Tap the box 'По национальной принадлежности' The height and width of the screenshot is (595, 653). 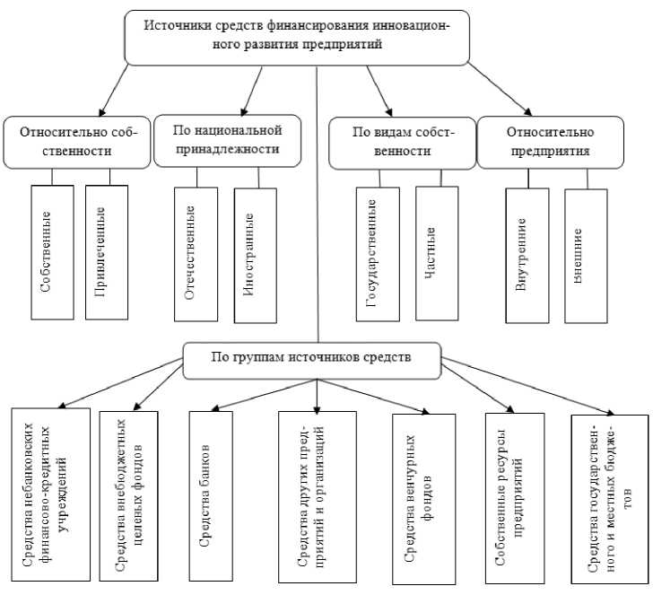coord(226,140)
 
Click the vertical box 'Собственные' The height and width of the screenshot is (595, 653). coord(52,252)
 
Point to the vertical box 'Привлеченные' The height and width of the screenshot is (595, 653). coord(106,252)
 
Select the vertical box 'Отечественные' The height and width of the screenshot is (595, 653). coord(196,254)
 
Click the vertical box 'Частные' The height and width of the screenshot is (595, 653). coord(436,252)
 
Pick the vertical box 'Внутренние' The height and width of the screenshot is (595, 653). coord(527,255)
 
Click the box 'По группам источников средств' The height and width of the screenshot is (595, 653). coord(311,356)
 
